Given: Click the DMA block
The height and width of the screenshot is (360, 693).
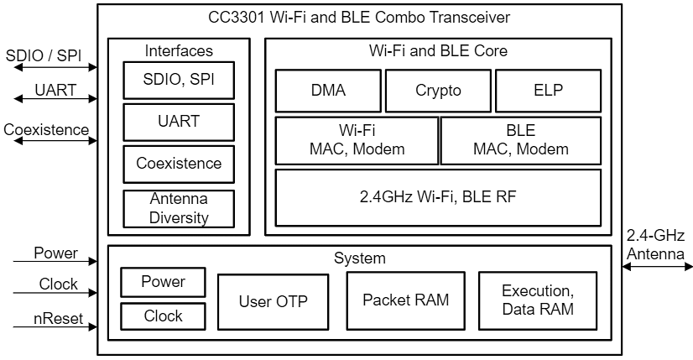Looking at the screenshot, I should [328, 91].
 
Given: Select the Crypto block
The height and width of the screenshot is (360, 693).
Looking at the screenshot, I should [438, 91].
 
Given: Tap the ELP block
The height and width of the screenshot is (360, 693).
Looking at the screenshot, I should [548, 91].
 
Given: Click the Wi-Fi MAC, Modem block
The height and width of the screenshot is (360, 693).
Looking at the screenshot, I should [357, 140].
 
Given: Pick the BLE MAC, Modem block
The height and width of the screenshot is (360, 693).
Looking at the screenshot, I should [520, 140].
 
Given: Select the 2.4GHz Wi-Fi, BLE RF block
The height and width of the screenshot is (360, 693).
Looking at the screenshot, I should [438, 198].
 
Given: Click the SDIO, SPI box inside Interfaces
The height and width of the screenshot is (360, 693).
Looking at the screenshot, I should [179, 81].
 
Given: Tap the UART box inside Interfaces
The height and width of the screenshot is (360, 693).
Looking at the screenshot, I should [179, 122].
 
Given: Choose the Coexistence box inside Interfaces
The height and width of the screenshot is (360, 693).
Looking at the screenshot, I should [179, 164].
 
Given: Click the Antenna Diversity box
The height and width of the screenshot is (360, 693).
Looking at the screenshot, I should [179, 208].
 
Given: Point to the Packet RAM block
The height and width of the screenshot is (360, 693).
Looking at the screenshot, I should [405, 300].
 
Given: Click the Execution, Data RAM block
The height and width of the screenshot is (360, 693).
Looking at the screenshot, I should [537, 300].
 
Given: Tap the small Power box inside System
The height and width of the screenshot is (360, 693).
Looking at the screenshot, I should [163, 282].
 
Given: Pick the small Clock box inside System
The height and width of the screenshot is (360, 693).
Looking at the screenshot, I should [163, 316].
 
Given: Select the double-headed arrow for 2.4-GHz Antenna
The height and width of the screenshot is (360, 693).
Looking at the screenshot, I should [657, 267].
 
